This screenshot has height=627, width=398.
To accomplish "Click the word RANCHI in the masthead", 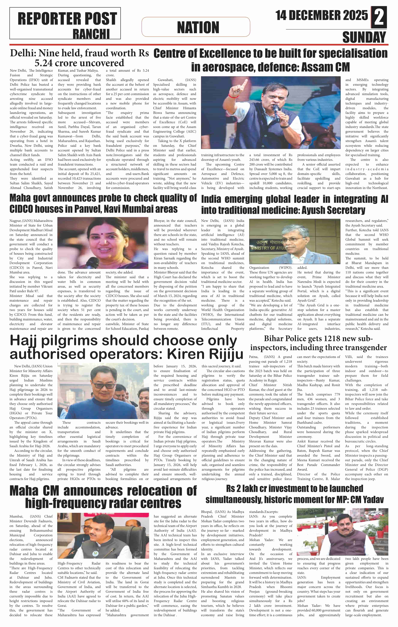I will [91, 34].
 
